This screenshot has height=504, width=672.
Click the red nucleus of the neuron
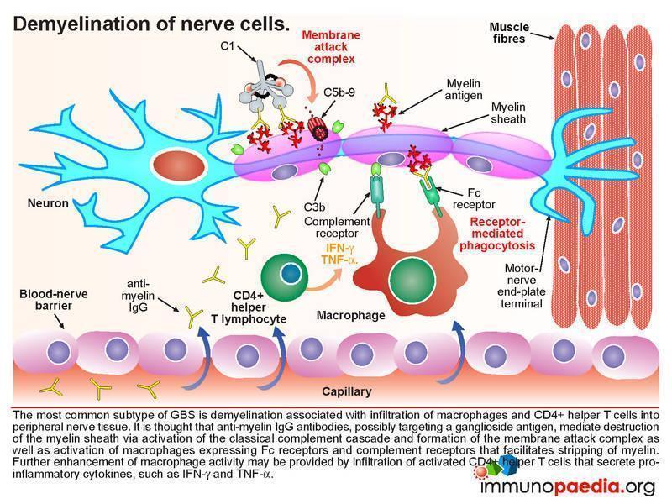[178, 165]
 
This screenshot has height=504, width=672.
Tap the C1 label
[227, 45]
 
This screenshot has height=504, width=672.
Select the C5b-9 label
[339, 92]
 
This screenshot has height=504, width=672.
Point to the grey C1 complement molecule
[266, 87]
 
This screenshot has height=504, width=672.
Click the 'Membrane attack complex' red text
[331, 47]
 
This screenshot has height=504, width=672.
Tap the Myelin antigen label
[464, 89]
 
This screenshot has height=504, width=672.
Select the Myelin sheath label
[508, 113]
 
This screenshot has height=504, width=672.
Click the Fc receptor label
[474, 198]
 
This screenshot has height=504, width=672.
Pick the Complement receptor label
[337, 227]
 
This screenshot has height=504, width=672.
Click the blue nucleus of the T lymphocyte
[291, 272]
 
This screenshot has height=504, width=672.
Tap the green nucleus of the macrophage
[412, 280]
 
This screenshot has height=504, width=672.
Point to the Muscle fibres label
[509, 33]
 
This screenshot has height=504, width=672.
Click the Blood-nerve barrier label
[54, 300]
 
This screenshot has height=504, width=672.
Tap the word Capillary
[347, 391]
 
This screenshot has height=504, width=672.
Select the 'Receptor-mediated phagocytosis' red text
[497, 234]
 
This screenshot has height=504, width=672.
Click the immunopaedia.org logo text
[568, 487]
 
